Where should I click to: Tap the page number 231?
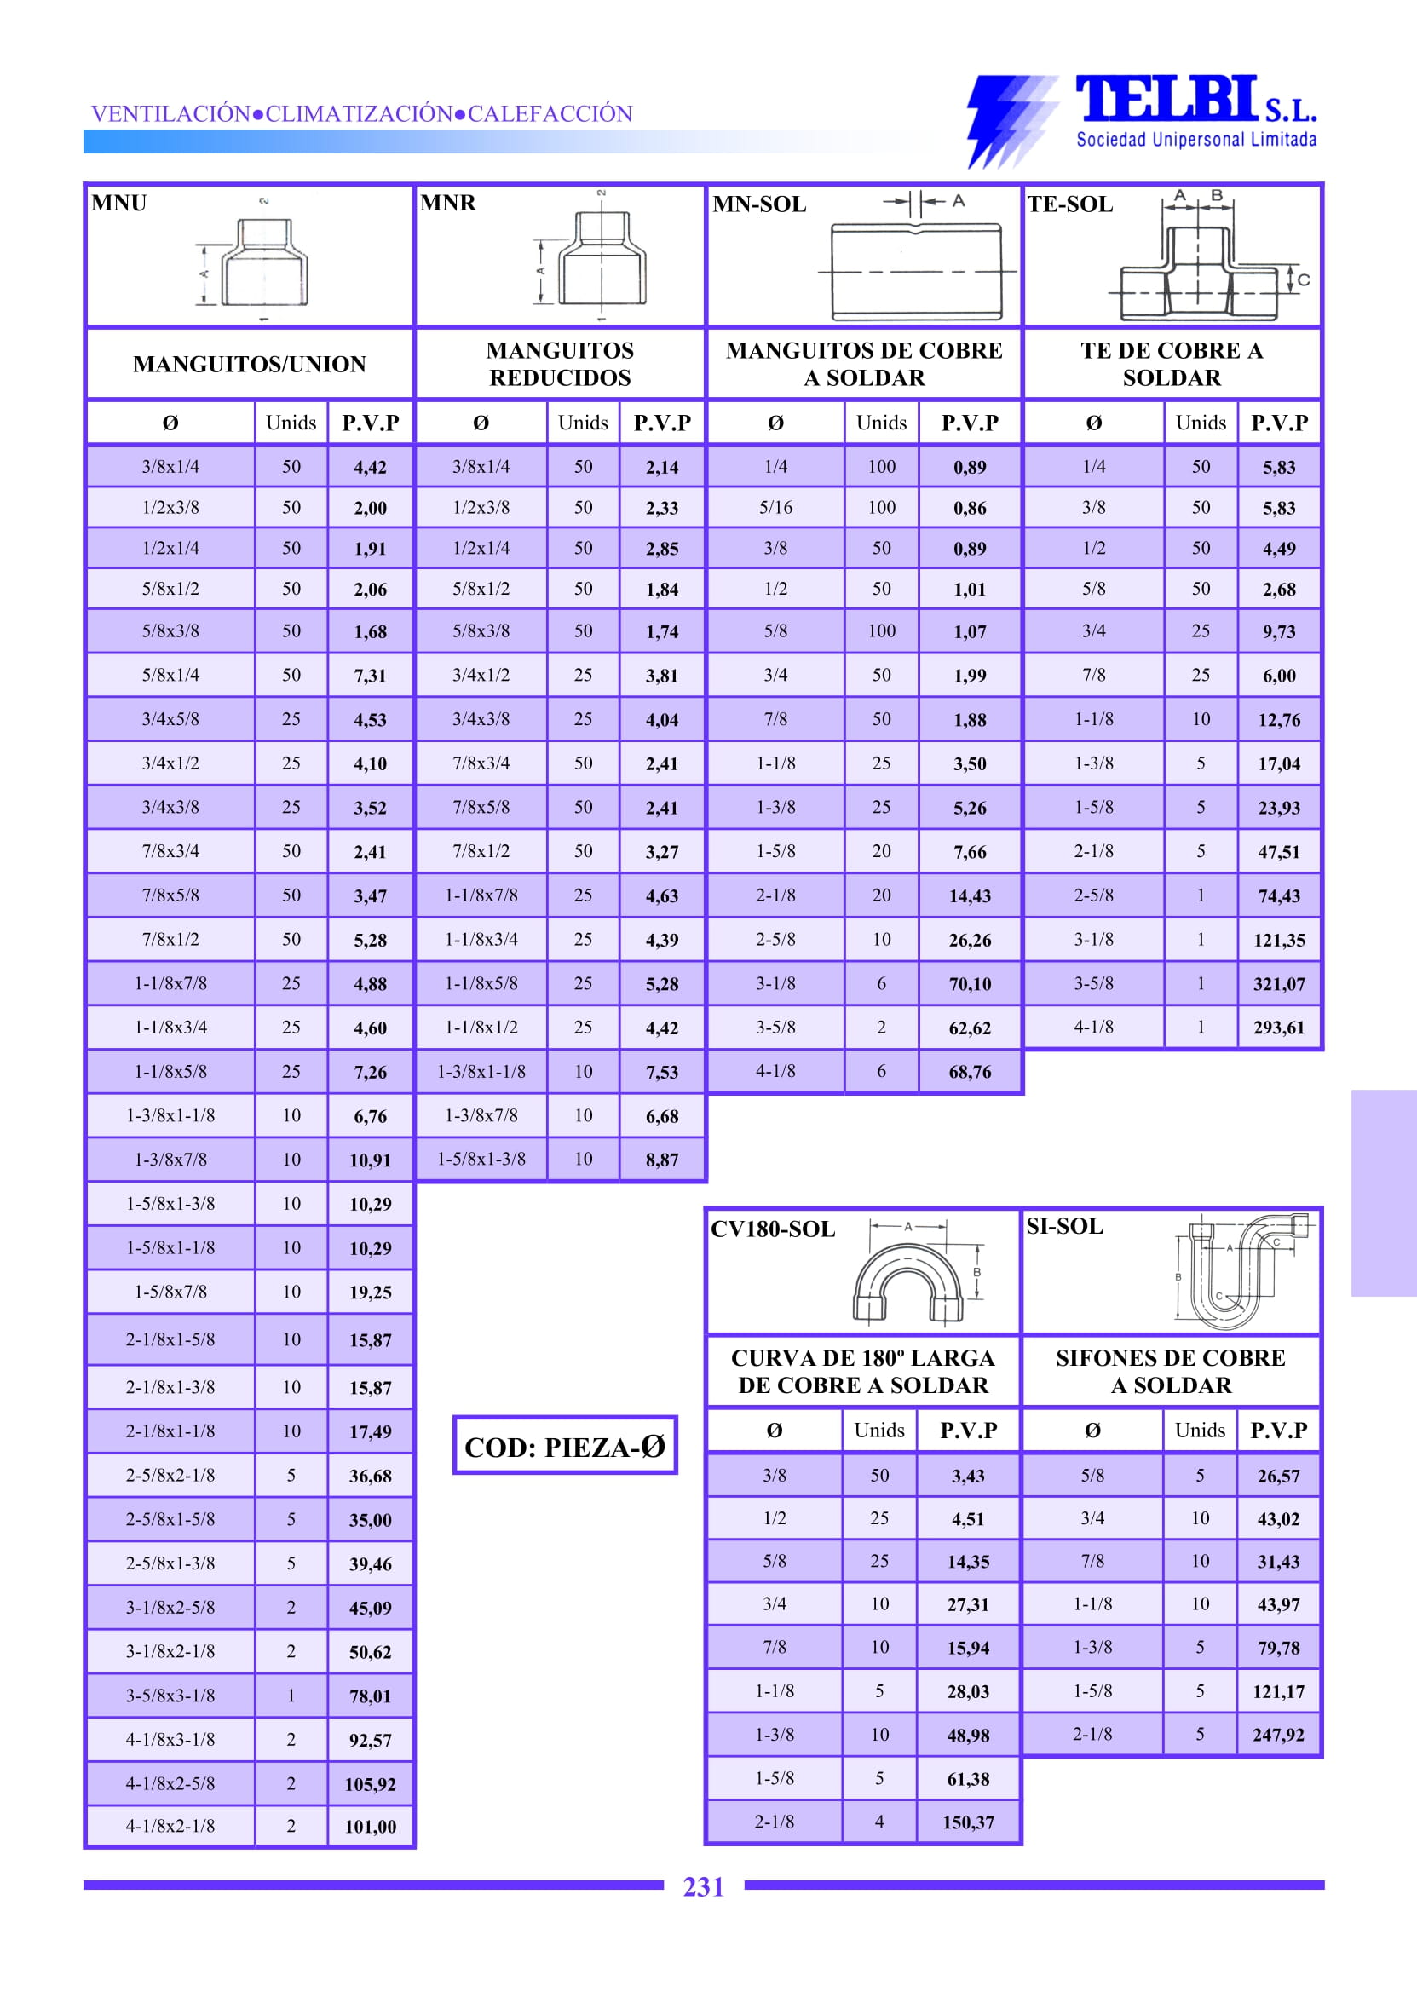pyautogui.click(x=703, y=1886)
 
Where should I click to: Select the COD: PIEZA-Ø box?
pyautogui.click(x=565, y=1447)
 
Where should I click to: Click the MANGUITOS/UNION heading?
pyautogui.click(x=250, y=364)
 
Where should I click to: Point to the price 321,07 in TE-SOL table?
pyautogui.click(x=1279, y=984)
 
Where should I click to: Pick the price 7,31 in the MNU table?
pyautogui.click(x=370, y=676)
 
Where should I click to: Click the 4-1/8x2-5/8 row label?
pyautogui.click(x=170, y=1783)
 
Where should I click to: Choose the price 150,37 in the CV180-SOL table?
pyautogui.click(x=969, y=1822)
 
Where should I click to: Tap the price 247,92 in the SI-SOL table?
pyautogui.click(x=1278, y=1735)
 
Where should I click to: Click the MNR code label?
pyautogui.click(x=447, y=204)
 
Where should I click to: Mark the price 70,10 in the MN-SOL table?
pyautogui.click(x=970, y=984)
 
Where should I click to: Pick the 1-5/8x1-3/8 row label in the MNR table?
pyautogui.click(x=481, y=1159)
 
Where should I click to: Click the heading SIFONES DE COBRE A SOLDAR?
pyautogui.click(x=1171, y=1372)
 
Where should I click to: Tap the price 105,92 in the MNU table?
pyautogui.click(x=370, y=1784)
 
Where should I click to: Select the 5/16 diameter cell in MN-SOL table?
pyautogui.click(x=775, y=507)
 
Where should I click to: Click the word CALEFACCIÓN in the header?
pyautogui.click(x=550, y=113)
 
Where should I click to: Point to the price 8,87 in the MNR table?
pyautogui.click(x=662, y=1160)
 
